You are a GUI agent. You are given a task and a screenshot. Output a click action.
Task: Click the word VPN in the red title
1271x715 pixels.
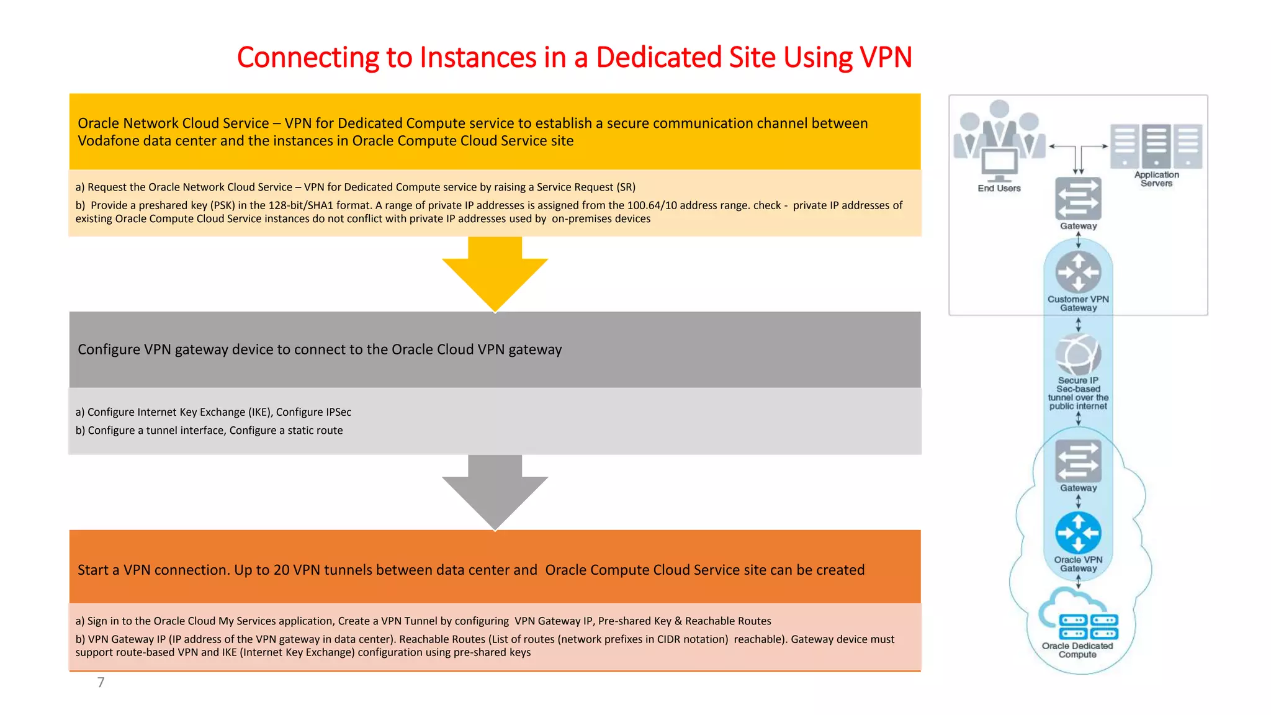point(886,58)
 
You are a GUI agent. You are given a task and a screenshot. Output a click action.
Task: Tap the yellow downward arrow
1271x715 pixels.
point(495,273)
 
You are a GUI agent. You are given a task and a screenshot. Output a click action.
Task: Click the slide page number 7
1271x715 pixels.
point(101,683)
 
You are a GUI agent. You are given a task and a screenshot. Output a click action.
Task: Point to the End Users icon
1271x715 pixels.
point(999,140)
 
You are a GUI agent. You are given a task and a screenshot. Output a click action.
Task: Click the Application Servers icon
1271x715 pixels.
point(1156,146)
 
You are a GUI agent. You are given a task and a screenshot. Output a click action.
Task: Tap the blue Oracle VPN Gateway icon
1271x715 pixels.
point(1079,533)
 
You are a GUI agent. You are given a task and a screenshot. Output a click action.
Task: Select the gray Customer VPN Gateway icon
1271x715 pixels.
point(1079,272)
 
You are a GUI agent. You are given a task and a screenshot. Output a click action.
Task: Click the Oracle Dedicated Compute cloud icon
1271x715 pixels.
point(1079,617)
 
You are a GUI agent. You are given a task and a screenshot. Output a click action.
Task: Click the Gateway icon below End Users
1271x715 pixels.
point(1079,199)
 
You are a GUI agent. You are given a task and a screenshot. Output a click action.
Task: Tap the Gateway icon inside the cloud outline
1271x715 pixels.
point(1079,461)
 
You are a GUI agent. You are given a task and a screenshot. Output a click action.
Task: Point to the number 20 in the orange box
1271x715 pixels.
point(282,570)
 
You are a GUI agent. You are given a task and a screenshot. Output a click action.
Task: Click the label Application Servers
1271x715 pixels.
point(1157,179)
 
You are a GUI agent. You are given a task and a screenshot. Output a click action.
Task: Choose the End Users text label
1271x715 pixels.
point(999,188)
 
